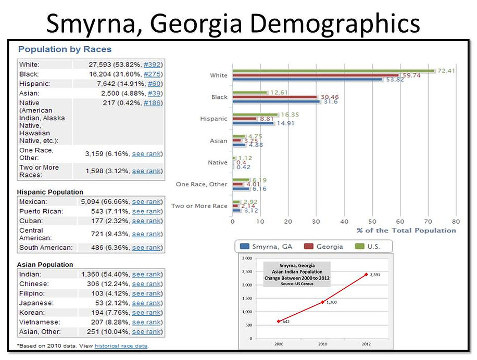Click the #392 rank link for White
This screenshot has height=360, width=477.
coord(153,65)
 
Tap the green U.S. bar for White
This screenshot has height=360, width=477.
coord(333,70)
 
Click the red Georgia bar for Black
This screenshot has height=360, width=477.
coord(274,97)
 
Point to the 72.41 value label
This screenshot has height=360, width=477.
coord(446,70)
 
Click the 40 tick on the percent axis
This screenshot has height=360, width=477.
coord(344,221)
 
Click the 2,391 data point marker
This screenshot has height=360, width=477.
coord(366,274)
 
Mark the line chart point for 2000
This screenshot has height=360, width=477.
coord(279,321)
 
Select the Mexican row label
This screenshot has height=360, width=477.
coord(33,201)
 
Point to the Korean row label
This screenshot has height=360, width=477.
coord(32,313)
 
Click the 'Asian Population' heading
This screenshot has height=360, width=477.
coord(45,265)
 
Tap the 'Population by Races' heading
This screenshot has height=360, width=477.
coord(65,49)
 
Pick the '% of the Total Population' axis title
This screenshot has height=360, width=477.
coord(406,230)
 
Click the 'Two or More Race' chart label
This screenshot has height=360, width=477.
coord(199,206)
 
